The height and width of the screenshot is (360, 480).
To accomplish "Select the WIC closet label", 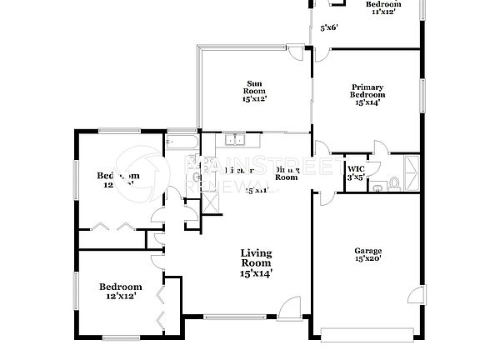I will click(354, 167).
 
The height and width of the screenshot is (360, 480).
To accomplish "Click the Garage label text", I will click(367, 251).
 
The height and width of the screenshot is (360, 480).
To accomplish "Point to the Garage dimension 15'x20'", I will click(367, 259).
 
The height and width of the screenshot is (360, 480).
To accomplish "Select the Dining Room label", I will click(287, 173).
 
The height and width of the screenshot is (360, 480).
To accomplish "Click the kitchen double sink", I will click(235, 140).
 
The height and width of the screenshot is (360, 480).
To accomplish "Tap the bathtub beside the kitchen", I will click(182, 142).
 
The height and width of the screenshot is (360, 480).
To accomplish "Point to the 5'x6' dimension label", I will click(329, 27).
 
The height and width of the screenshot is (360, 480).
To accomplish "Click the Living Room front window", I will click(235, 317).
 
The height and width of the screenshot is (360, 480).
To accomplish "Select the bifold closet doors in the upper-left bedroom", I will click(112, 226).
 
